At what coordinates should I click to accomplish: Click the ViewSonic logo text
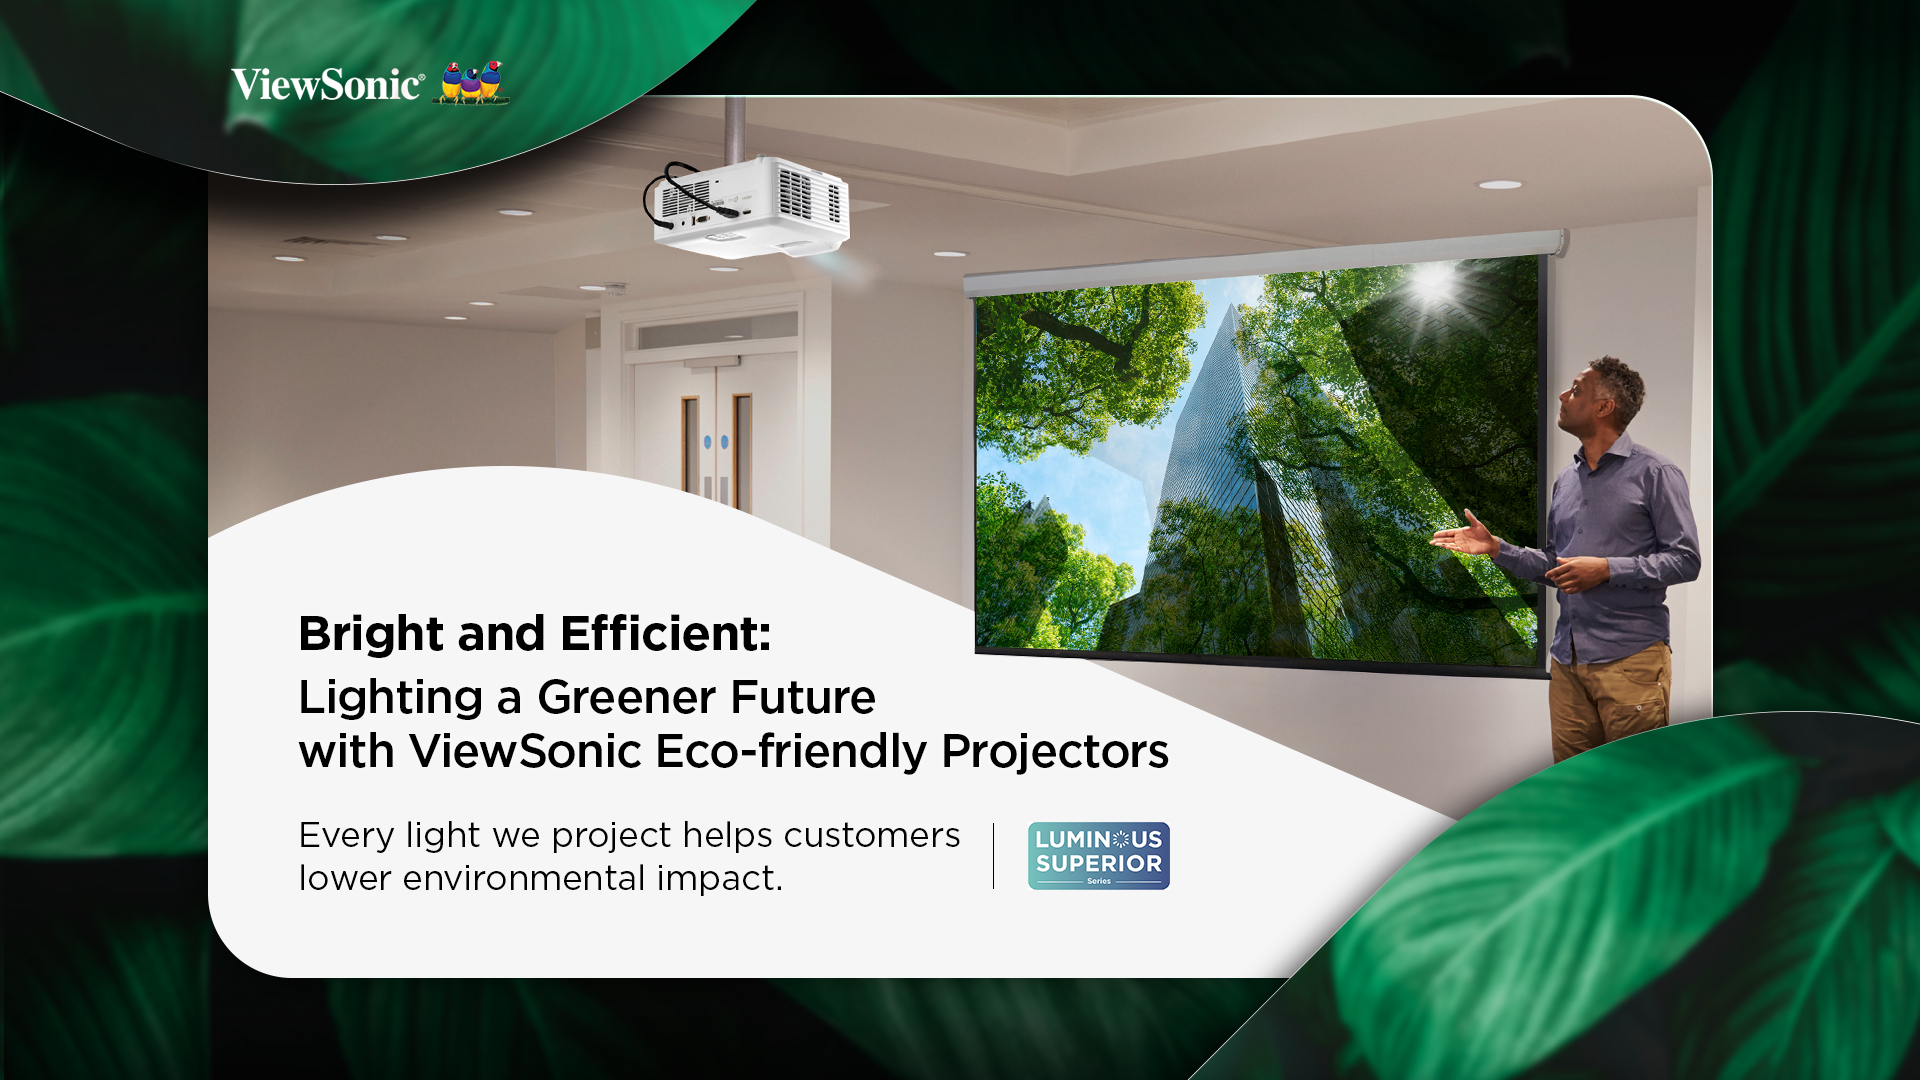328,85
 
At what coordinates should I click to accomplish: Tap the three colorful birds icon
473,82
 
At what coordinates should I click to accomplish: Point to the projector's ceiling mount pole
735,128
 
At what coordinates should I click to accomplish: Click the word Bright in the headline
371,635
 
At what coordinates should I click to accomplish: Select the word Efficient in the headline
665,633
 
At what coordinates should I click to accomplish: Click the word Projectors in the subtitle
1055,752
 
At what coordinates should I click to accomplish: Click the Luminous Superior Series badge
1099,856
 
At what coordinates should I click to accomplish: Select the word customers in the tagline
872,835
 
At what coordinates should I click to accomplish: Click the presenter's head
1602,396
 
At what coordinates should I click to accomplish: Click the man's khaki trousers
1610,700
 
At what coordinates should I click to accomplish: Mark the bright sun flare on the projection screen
1432,284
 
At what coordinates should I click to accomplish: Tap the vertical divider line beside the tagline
993,856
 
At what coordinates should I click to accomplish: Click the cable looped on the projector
670,195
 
